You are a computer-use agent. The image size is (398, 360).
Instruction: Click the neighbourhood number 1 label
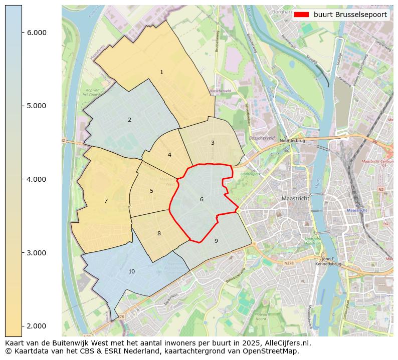click(x=161, y=73)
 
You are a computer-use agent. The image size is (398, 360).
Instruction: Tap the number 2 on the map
click(x=129, y=120)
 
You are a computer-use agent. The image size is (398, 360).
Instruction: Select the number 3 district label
click(x=213, y=143)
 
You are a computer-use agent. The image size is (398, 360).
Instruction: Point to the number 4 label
click(x=169, y=155)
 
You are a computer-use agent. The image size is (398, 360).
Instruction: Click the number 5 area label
click(x=151, y=191)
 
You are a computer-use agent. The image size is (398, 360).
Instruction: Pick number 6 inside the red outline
click(x=202, y=200)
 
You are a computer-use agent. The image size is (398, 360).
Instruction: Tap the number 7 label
click(x=106, y=201)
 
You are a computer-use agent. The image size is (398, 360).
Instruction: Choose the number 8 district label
click(x=159, y=234)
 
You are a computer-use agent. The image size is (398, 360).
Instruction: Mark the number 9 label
click(x=216, y=241)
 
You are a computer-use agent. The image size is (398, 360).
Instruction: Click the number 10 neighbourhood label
click(x=131, y=272)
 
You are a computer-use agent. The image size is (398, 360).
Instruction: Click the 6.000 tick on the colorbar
click(x=37, y=33)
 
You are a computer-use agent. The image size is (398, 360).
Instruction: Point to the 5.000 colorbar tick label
click(x=37, y=106)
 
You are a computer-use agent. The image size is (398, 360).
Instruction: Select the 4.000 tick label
click(x=37, y=179)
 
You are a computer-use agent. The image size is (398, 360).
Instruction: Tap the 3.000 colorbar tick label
click(x=37, y=253)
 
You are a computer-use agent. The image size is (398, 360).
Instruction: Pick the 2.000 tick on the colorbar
click(x=37, y=326)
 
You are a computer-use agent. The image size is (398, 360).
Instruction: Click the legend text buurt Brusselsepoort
click(x=350, y=15)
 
